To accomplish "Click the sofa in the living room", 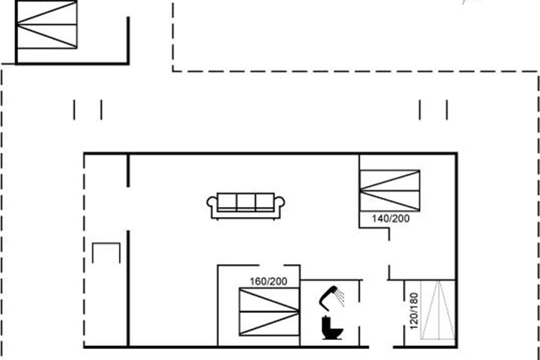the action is pyautogui.click(x=246, y=206).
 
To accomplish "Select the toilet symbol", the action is pyautogui.click(x=332, y=328).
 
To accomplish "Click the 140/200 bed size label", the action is pyautogui.click(x=391, y=219).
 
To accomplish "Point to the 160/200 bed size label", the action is pyautogui.click(x=268, y=281).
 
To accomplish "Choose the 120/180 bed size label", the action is pyautogui.click(x=414, y=311).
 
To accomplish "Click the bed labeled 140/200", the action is pyautogui.click(x=390, y=190).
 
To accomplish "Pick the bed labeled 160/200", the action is pyautogui.click(x=270, y=312).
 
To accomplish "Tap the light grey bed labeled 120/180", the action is pyautogui.click(x=438, y=310).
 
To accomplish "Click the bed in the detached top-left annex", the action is pyautogui.click(x=47, y=25).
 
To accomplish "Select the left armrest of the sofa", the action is pyautogui.click(x=212, y=205).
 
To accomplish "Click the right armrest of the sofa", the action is pyautogui.click(x=279, y=205).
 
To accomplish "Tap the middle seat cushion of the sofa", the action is pyautogui.click(x=246, y=202).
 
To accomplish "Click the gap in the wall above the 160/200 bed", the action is pyautogui.click(x=271, y=265).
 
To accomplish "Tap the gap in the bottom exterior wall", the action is pyautogui.click(x=381, y=347).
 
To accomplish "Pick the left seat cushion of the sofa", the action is pyautogui.click(x=227, y=202).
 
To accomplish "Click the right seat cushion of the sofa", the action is pyautogui.click(x=265, y=202).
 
